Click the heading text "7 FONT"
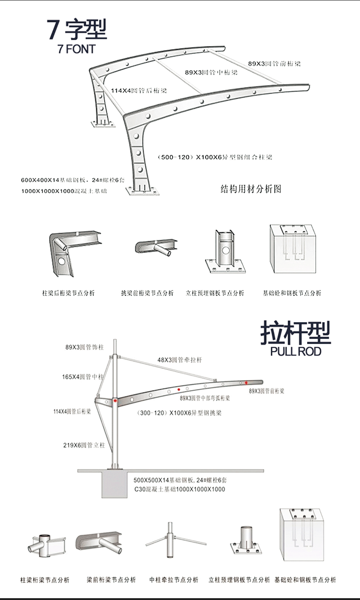pos(76,49)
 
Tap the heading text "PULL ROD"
pos(295,351)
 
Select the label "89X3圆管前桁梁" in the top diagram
pos(274,64)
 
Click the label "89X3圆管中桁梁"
pos(211,72)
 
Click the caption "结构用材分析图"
pos(251,189)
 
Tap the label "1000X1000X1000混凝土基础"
pos(64,191)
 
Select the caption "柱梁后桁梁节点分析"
pos(68,293)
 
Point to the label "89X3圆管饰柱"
pos(84,347)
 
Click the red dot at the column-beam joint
pos(116,400)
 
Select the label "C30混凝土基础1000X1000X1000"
pos(180,489)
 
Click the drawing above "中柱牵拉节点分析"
pos(170,541)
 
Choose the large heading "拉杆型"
pos(295,332)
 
